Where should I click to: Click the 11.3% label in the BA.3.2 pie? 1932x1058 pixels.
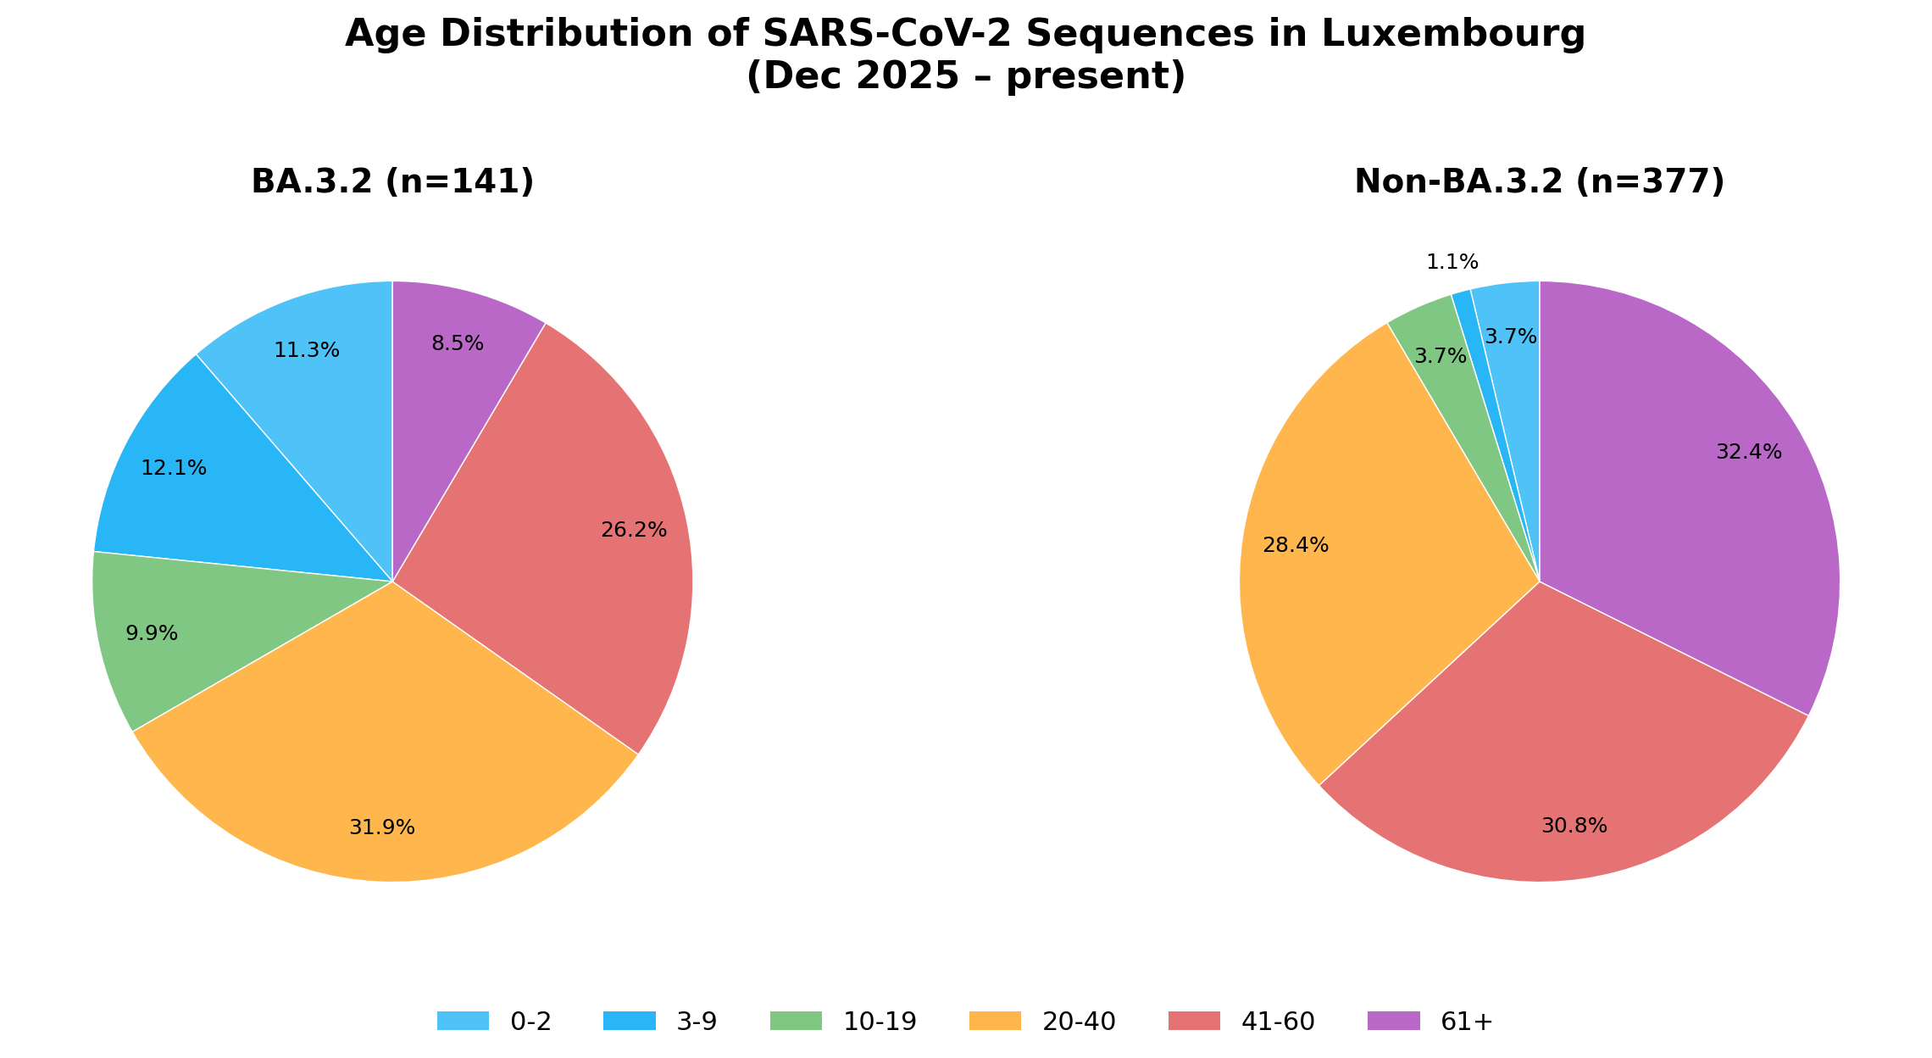(307, 351)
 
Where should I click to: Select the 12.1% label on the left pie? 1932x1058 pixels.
(174, 469)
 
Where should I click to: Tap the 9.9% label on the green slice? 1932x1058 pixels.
(152, 634)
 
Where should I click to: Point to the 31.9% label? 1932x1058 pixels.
(382, 828)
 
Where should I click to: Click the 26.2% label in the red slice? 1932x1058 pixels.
(634, 531)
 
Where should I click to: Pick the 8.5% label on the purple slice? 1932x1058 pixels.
(458, 344)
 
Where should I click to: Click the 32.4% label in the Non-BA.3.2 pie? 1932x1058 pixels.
(1749, 453)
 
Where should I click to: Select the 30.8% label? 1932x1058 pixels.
(1574, 827)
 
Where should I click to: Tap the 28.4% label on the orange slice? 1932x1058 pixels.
(1296, 546)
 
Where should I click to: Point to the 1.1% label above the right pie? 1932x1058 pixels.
(1452, 263)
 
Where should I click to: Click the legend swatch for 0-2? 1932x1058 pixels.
(463, 1022)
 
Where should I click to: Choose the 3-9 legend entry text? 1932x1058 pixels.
(697, 1022)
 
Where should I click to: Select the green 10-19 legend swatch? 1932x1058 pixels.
(796, 1022)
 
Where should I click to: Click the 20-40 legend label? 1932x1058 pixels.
(1079, 1022)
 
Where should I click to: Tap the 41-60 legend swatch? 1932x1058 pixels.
(1194, 1022)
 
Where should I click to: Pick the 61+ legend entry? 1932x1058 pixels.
(1467, 1022)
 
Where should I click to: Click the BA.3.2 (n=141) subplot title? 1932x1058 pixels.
(392, 182)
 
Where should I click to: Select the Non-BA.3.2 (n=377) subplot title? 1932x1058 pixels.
(1540, 182)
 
